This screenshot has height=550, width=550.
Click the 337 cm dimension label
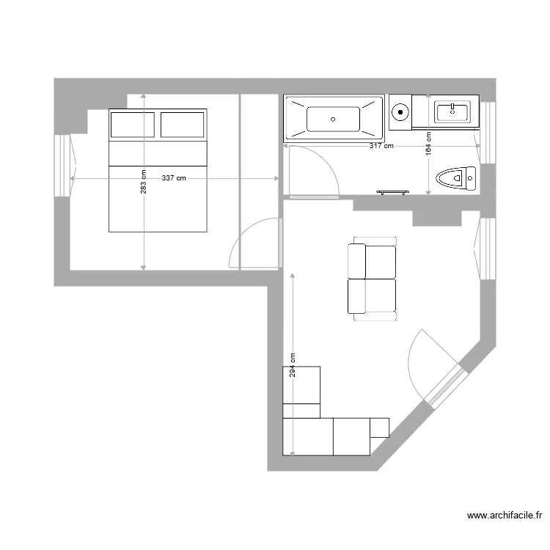point(174,178)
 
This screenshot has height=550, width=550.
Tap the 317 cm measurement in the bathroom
point(381,146)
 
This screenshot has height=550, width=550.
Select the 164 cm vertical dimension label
point(428,142)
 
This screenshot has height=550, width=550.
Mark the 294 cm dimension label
point(292,365)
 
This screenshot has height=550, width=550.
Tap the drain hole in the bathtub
point(334,118)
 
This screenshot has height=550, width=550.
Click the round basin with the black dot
point(400,113)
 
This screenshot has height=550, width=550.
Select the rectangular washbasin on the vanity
point(452,111)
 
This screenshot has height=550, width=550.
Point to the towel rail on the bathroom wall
point(393,192)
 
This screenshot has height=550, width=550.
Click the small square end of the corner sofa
point(380,426)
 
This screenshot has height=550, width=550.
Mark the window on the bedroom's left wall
point(65,165)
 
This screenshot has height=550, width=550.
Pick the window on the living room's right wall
point(485,248)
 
